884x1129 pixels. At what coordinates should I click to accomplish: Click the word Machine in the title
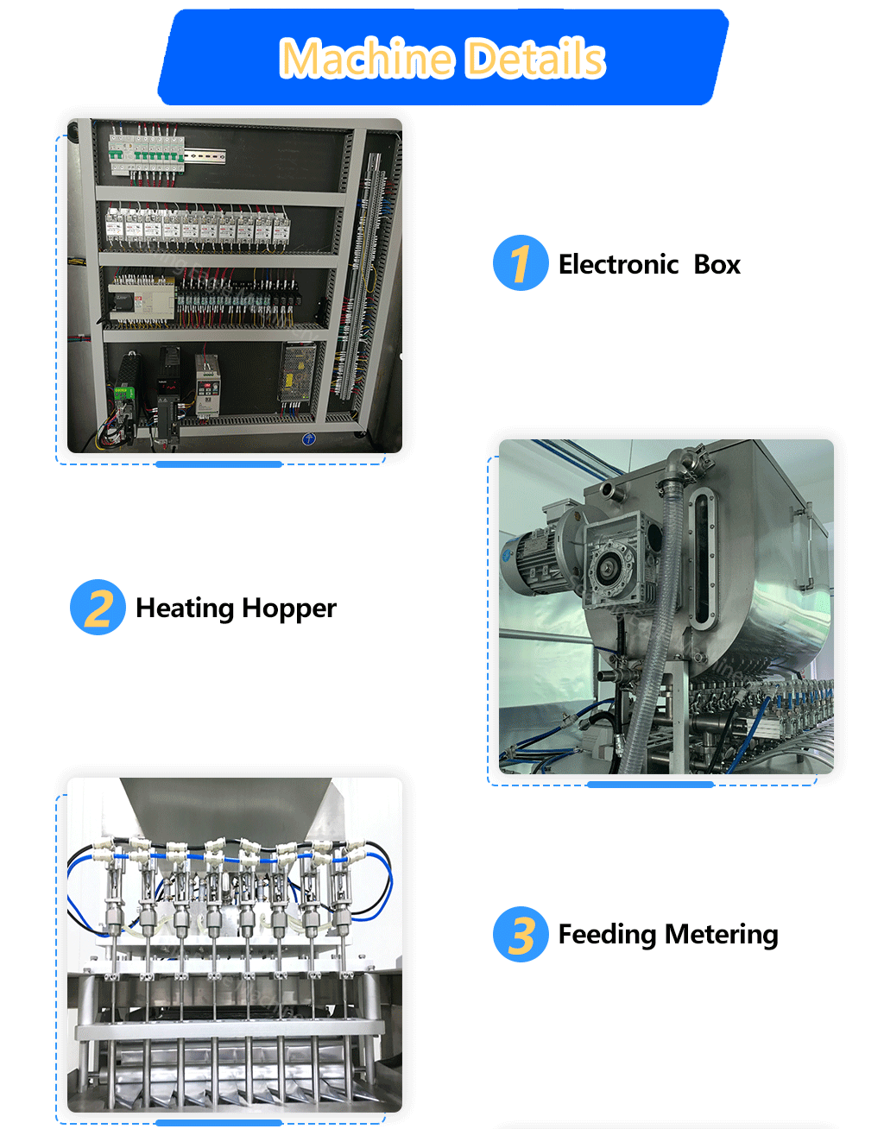(367, 59)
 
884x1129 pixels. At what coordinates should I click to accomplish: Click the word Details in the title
(535, 59)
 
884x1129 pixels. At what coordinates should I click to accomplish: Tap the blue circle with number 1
(521, 263)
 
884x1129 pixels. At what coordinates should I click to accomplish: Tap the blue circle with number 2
(98, 607)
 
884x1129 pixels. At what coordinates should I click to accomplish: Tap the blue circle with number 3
(521, 934)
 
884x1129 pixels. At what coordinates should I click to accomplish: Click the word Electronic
(618, 264)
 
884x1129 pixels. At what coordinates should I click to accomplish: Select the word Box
(717, 264)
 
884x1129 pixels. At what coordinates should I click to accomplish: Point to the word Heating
(185, 609)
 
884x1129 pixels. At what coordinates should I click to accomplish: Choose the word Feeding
(607, 934)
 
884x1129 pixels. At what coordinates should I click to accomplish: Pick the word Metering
(722, 935)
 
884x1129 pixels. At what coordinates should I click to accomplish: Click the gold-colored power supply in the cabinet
(299, 374)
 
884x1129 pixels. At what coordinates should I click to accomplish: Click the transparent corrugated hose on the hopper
(660, 621)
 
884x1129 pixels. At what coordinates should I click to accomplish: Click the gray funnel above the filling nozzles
(224, 807)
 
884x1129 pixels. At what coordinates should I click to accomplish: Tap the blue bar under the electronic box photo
(219, 464)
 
